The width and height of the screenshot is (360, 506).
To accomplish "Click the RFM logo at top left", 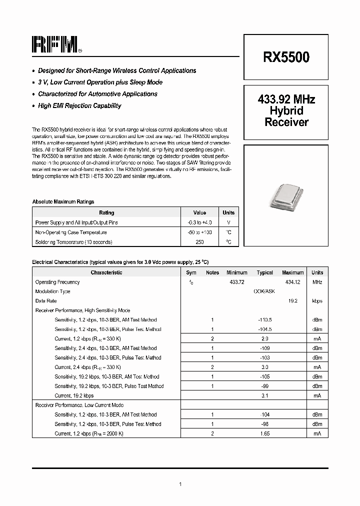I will (x=55, y=44).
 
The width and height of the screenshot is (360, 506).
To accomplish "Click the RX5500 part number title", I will (x=286, y=57).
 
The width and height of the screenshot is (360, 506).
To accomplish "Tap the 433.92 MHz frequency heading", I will (x=286, y=99).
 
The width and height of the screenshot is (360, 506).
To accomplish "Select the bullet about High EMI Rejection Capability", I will (x=79, y=105).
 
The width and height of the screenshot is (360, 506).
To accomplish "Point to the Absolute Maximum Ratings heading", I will (x=63, y=201).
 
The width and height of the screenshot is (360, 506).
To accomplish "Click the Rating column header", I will (x=106, y=212).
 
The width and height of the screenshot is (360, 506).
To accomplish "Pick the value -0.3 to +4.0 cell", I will (x=199, y=222).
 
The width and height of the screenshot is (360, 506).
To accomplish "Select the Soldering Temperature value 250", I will (x=199, y=242).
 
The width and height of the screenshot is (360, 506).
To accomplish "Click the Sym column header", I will (x=191, y=272).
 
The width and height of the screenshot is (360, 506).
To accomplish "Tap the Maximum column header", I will (x=292, y=272).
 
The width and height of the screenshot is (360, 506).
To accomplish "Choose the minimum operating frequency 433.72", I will (x=237, y=282).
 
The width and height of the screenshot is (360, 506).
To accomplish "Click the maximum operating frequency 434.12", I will (x=292, y=282).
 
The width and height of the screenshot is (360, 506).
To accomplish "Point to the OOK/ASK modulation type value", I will (x=264, y=291).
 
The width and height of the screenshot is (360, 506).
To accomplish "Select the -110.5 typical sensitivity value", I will (x=264, y=319).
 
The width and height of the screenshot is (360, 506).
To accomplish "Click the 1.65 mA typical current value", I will (x=264, y=433).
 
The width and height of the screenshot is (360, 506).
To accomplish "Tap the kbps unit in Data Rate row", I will (x=317, y=301).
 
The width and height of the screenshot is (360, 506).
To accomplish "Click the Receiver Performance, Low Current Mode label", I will (x=79, y=405).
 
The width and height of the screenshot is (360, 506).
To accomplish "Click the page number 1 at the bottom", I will (x=180, y=483).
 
